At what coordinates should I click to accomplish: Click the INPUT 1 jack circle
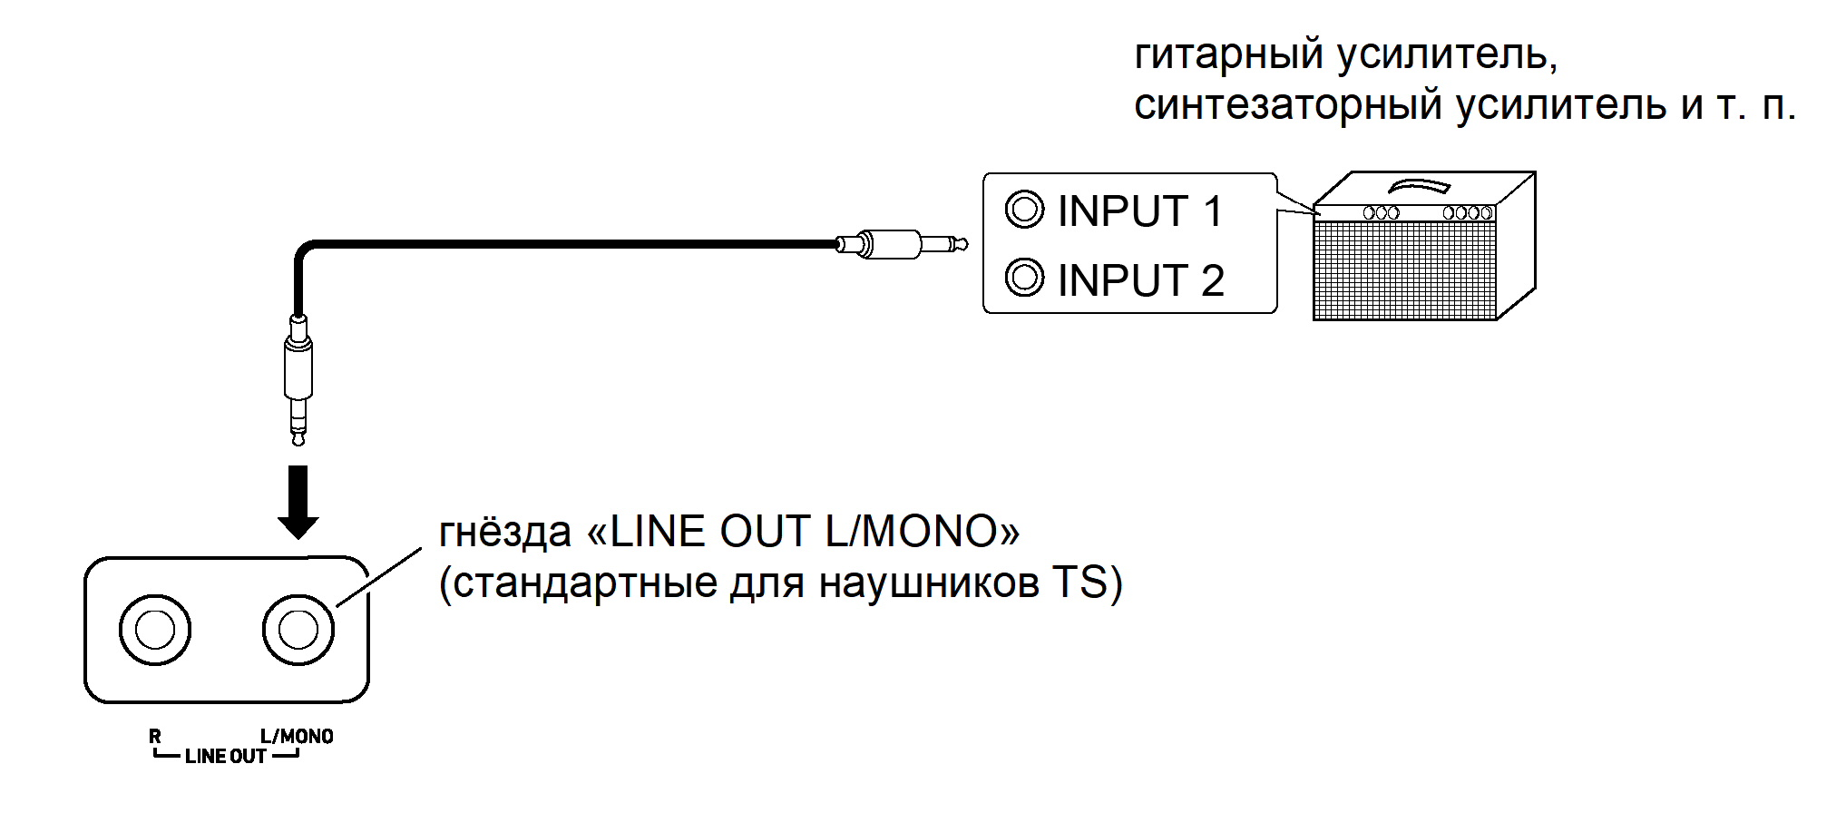[x=1024, y=210]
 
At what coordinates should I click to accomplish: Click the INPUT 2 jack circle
[x=1024, y=278]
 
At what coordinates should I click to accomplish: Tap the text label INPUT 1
[x=1140, y=211]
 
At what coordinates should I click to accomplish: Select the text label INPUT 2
[x=1140, y=280]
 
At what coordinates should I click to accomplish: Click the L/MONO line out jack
[x=298, y=630]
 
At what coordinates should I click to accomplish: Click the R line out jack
[x=155, y=630]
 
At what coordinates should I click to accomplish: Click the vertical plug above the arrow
[x=298, y=377]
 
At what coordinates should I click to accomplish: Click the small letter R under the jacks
[x=155, y=737]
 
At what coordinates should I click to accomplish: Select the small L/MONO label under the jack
[x=297, y=737]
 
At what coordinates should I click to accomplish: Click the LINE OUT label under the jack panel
[x=225, y=757]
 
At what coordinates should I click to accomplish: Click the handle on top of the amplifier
[x=1419, y=186]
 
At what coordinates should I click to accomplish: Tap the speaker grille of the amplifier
[x=1404, y=269]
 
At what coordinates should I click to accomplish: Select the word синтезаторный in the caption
[x=1288, y=105]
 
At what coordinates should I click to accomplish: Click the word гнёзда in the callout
[x=504, y=533]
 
